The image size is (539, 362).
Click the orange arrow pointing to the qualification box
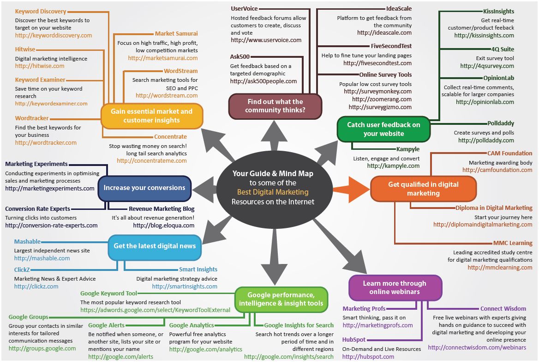[351, 189]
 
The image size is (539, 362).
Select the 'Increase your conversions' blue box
[144, 188]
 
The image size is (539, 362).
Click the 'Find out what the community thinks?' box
[275, 106]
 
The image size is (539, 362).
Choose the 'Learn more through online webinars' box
[395, 288]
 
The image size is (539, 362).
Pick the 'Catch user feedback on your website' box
[383, 129]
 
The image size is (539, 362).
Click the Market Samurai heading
[176, 33]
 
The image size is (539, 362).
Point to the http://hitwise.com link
[40, 66]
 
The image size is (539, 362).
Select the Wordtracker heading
[32, 118]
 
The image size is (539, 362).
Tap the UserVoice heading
[244, 9]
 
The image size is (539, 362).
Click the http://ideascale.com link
[384, 33]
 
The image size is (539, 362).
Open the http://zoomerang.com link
[382, 99]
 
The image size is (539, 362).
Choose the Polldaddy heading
[501, 123]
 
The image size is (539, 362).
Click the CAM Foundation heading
[510, 153]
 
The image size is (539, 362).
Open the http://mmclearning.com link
[500, 267]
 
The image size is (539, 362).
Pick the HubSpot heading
[353, 340]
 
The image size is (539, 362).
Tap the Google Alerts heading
[106, 325]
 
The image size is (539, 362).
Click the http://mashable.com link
[42, 258]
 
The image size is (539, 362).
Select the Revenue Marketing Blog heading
[162, 209]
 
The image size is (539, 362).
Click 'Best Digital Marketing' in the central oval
[273, 192]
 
